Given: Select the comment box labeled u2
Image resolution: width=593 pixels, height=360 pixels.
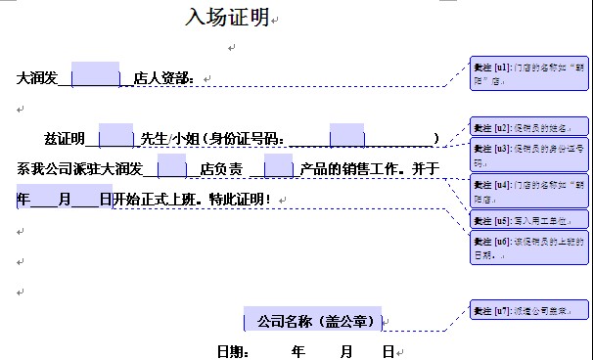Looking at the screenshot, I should [529, 127].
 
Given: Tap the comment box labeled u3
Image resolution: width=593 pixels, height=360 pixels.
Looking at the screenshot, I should [529, 155].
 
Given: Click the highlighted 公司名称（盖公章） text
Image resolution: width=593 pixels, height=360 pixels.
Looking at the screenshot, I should [314, 321].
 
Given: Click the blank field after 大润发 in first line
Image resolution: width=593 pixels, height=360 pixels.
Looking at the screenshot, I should [96, 75].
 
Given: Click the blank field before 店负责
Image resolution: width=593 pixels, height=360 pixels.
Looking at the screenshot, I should [171, 167].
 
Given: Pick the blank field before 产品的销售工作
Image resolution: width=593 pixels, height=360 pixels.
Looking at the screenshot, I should [279, 167].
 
